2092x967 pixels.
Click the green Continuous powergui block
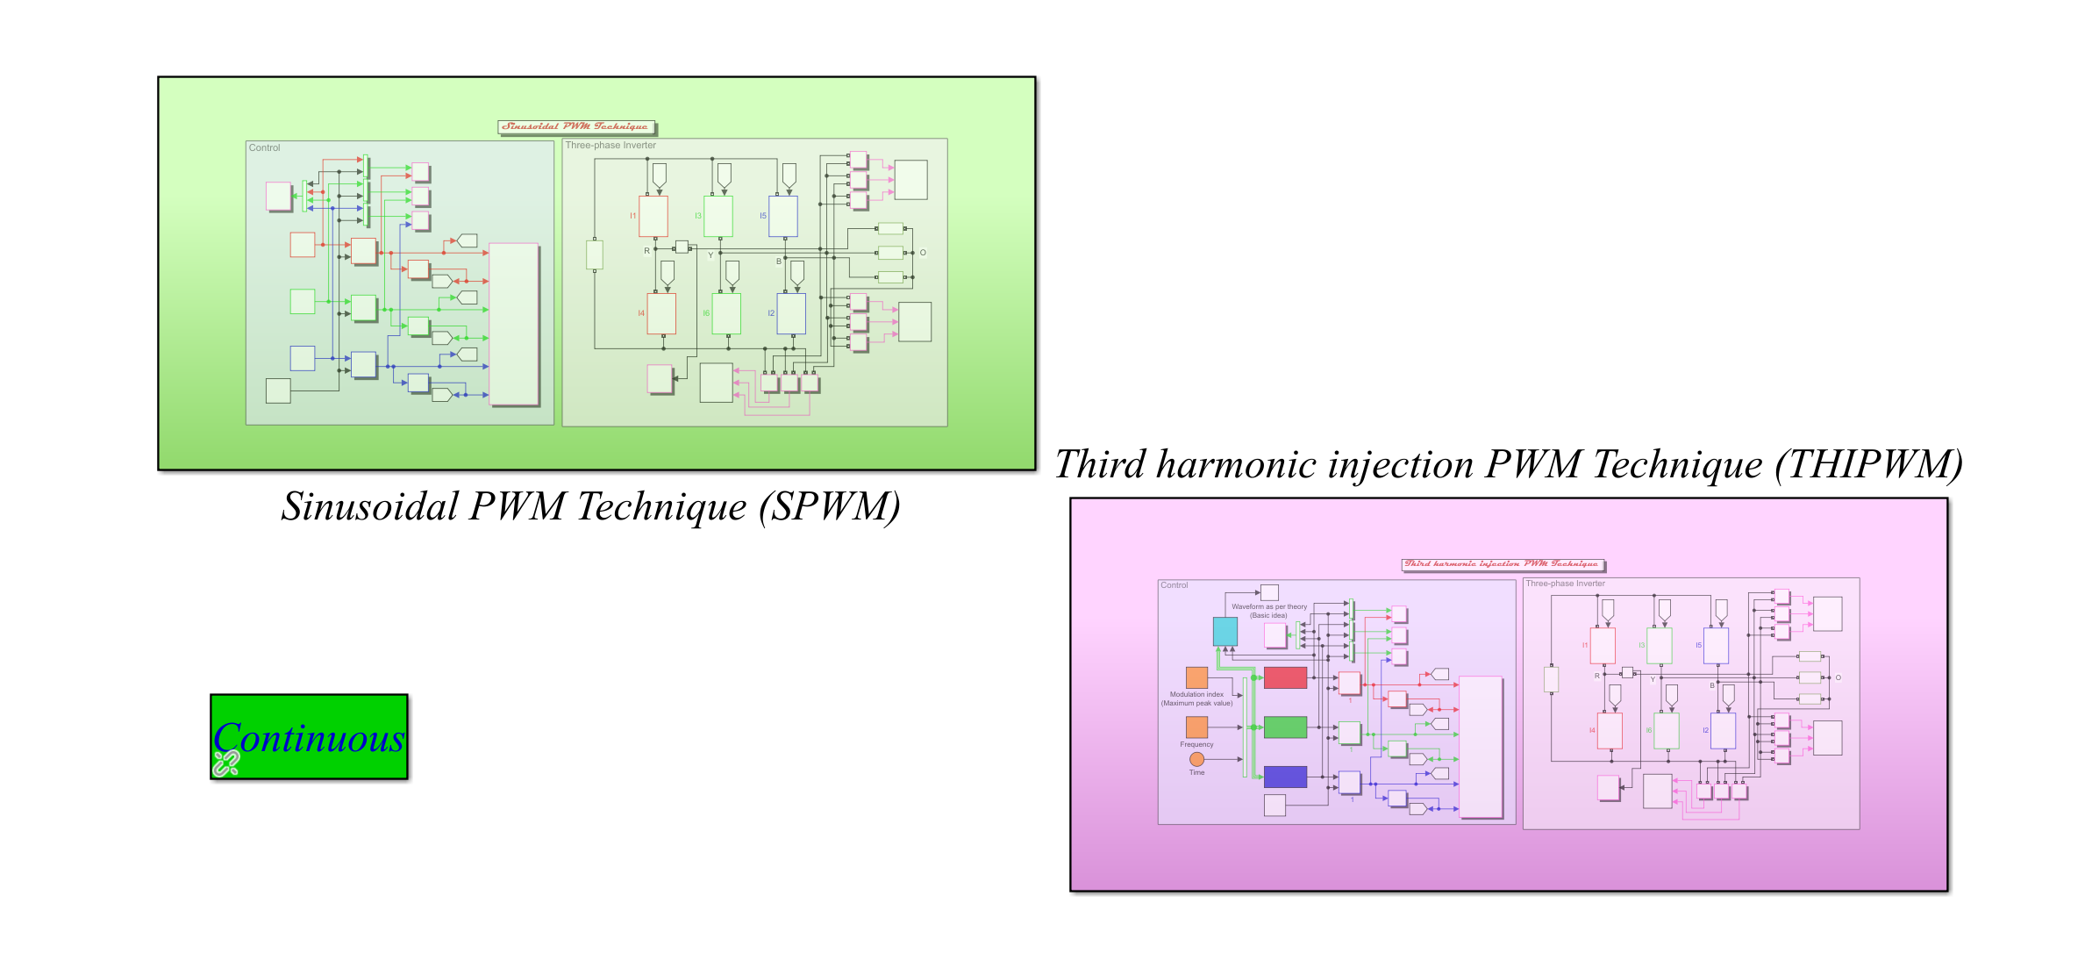pos(309,736)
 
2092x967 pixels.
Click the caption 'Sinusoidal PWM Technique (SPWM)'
pos(590,506)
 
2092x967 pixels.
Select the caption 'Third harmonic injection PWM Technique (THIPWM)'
pos(1509,464)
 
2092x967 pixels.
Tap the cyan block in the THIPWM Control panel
pos(1224,631)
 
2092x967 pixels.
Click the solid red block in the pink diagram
pos(1285,677)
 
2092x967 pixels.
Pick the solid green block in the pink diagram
pos(1285,727)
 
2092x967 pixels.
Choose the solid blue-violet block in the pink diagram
pos(1285,777)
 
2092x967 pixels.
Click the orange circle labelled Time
pos(1196,759)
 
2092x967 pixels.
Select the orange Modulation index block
pos(1196,677)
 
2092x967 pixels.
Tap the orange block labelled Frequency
pos(1196,727)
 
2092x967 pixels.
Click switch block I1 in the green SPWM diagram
pos(653,216)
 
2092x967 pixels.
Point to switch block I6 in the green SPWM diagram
pos(726,313)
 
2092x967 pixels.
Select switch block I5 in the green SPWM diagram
pos(783,216)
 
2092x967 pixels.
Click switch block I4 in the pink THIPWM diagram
pos(1610,730)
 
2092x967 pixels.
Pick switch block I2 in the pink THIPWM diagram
pos(1723,730)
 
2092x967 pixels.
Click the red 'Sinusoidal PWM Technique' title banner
pos(576,127)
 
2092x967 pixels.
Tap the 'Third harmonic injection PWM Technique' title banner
pos(1502,564)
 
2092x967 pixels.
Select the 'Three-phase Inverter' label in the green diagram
pos(610,146)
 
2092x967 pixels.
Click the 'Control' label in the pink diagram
pos(1174,585)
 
